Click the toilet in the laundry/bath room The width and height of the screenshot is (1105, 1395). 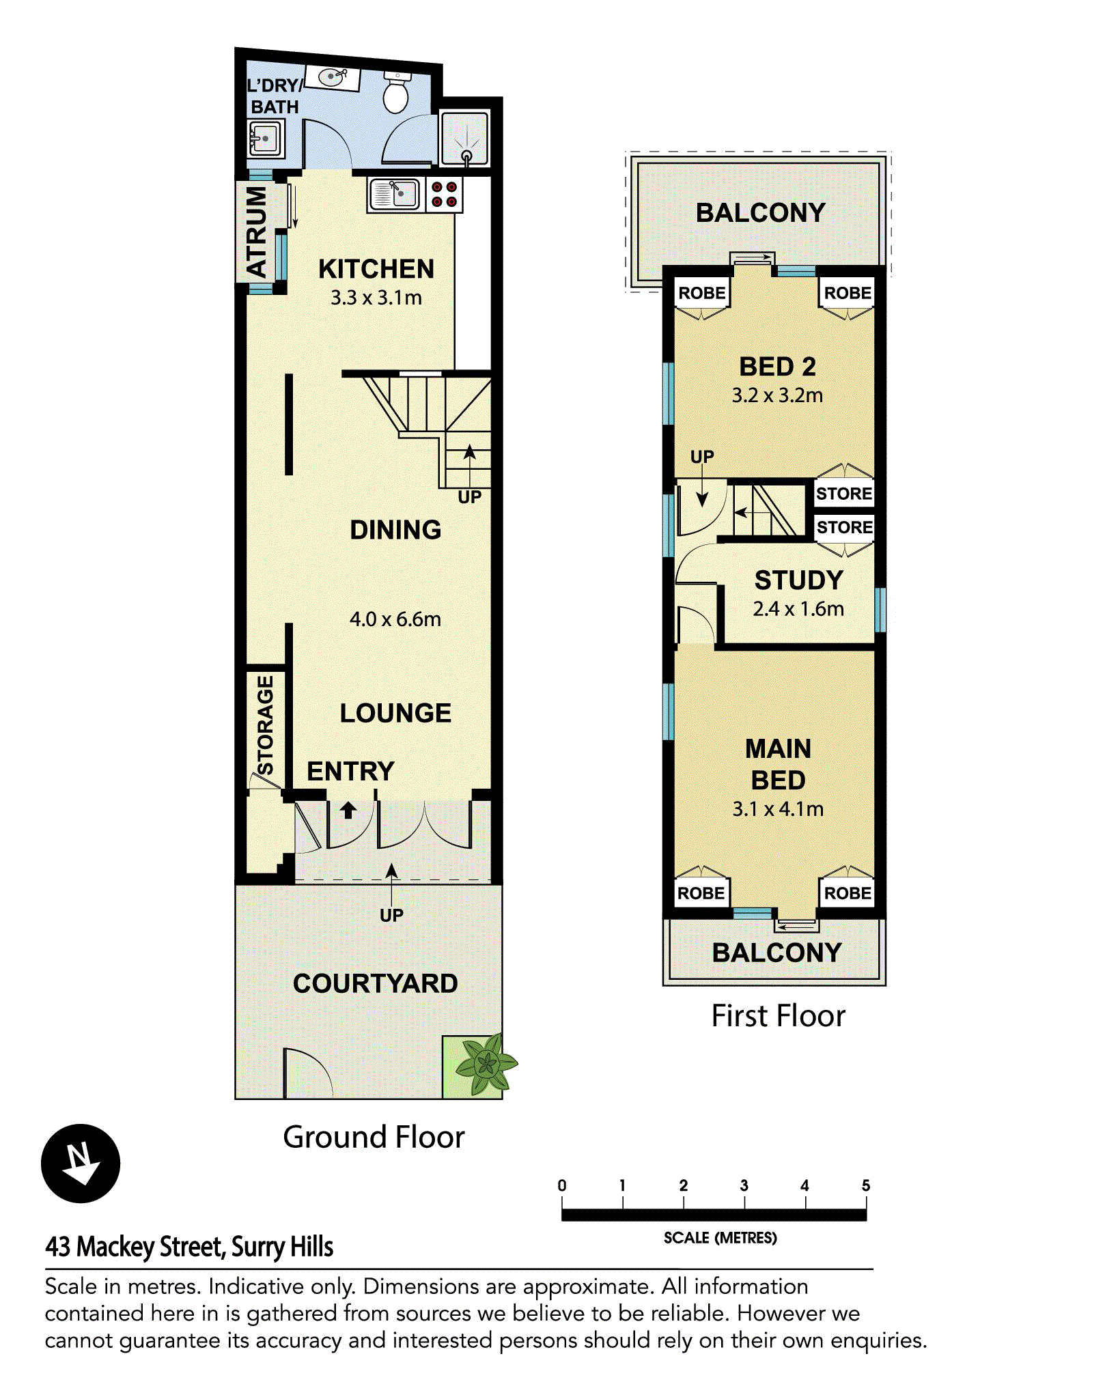pyautogui.click(x=396, y=92)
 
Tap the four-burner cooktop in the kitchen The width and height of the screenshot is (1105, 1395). pyautogui.click(x=444, y=195)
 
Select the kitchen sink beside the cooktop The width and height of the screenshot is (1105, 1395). pyautogui.click(x=394, y=195)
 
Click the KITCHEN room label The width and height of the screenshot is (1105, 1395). pyautogui.click(x=376, y=269)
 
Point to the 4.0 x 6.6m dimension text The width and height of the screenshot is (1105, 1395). pyautogui.click(x=395, y=619)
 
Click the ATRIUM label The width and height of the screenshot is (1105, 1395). pyautogui.click(x=256, y=232)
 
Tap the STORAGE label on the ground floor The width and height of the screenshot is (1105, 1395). pyautogui.click(x=264, y=725)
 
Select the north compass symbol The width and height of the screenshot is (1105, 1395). pyautogui.click(x=81, y=1164)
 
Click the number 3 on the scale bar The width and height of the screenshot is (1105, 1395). pyautogui.click(x=744, y=1185)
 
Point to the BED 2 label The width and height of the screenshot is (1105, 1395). pyautogui.click(x=778, y=367)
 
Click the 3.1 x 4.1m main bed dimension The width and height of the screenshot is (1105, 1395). pyautogui.click(x=778, y=809)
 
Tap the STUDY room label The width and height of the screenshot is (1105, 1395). pyautogui.click(x=799, y=580)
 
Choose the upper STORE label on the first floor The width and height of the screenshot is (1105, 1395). pyautogui.click(x=844, y=494)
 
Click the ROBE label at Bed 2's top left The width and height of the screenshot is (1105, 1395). pyautogui.click(x=702, y=293)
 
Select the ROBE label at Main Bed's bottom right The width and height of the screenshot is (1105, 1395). pyautogui.click(x=848, y=893)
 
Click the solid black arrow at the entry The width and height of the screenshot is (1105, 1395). pyautogui.click(x=348, y=810)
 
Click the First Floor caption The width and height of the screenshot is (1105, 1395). pyautogui.click(x=778, y=1016)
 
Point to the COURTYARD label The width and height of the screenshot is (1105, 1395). pyautogui.click(x=376, y=983)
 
